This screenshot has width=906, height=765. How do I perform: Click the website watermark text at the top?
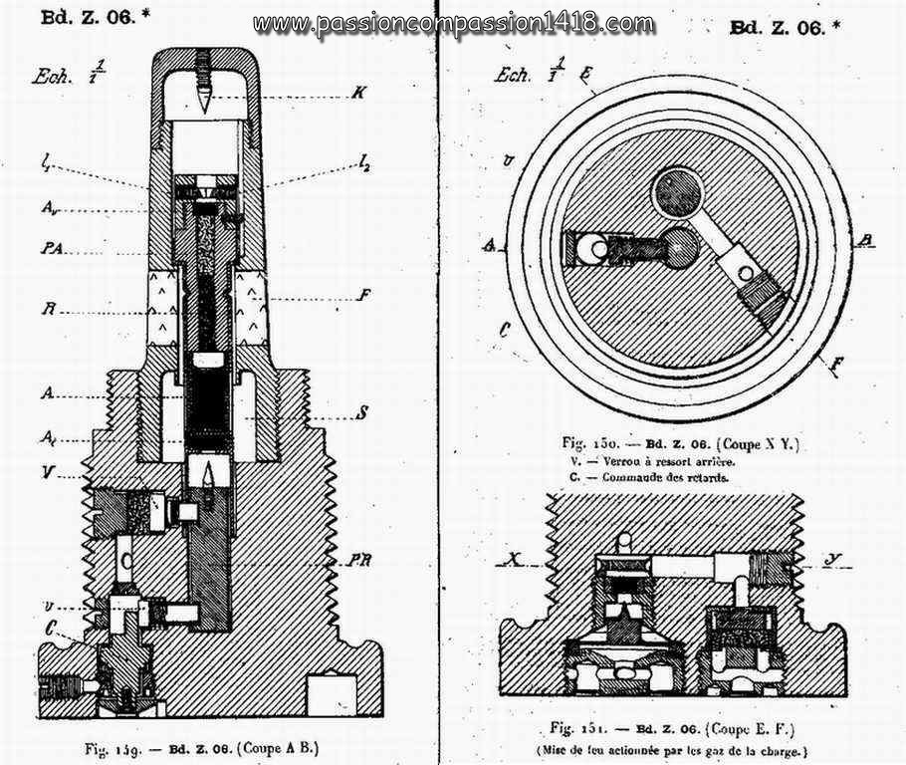tap(454, 24)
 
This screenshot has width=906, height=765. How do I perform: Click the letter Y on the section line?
tap(830, 558)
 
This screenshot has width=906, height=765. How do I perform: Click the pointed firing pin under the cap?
tap(202, 101)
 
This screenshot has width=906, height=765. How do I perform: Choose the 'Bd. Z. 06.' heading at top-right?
tap(785, 29)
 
